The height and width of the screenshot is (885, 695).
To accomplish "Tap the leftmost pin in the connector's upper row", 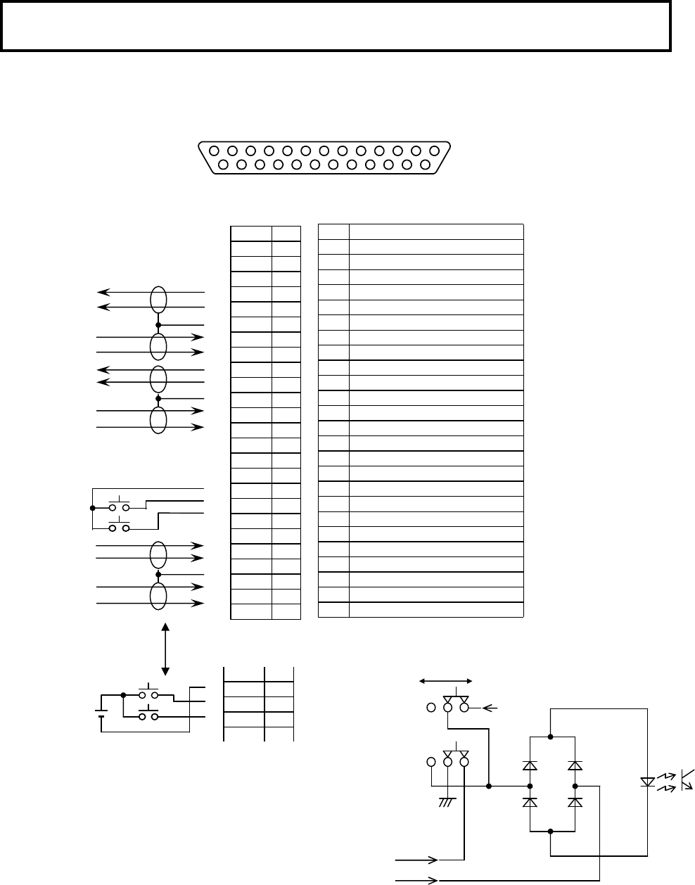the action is pyautogui.click(x=214, y=151).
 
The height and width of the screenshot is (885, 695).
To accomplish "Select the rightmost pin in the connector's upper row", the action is pyautogui.click(x=434, y=151).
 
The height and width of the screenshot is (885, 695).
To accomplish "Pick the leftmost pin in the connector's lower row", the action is pyautogui.click(x=223, y=165).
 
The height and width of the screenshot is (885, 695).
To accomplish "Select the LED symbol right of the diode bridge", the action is pyautogui.click(x=647, y=782).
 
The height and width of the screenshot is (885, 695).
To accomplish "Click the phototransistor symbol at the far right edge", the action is pyautogui.click(x=687, y=780).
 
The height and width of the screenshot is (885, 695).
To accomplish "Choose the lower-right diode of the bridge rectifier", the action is pyautogui.click(x=575, y=801).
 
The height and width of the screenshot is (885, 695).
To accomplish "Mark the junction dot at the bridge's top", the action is pyautogui.click(x=550, y=737).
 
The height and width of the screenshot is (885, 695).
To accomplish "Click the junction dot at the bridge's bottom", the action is pyautogui.click(x=550, y=831).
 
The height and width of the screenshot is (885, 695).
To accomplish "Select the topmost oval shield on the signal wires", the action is pyautogui.click(x=159, y=299).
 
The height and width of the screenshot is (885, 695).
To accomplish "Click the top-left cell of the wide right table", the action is pyautogui.click(x=333, y=232).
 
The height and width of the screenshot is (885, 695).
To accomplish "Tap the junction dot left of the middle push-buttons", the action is pyautogui.click(x=92, y=507).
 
